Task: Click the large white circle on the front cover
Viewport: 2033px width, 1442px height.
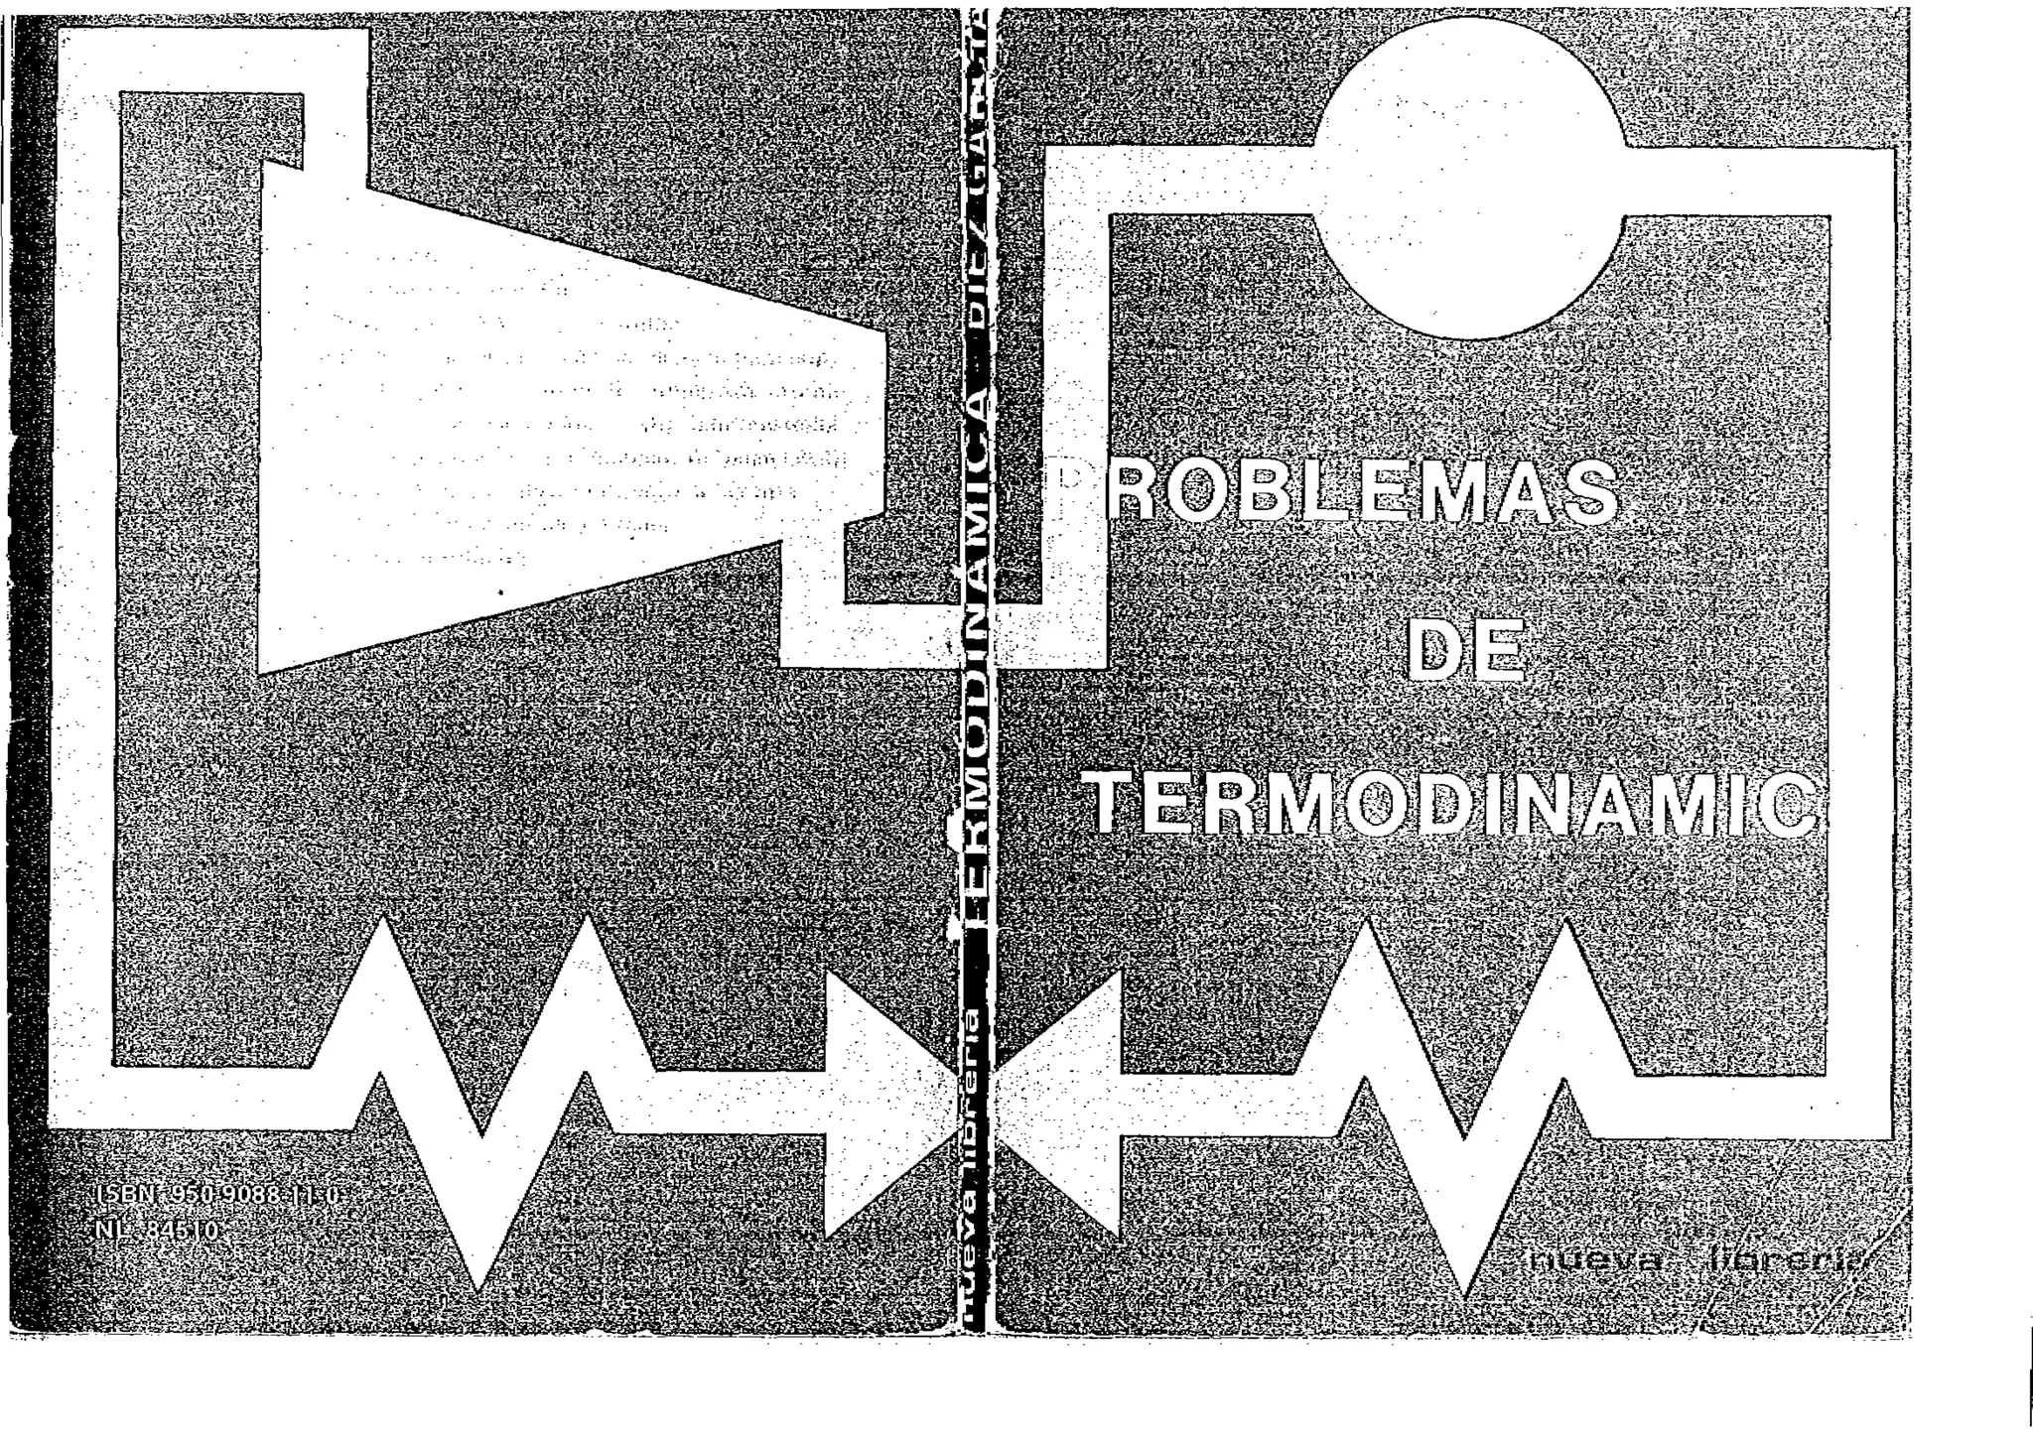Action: point(1469,179)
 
